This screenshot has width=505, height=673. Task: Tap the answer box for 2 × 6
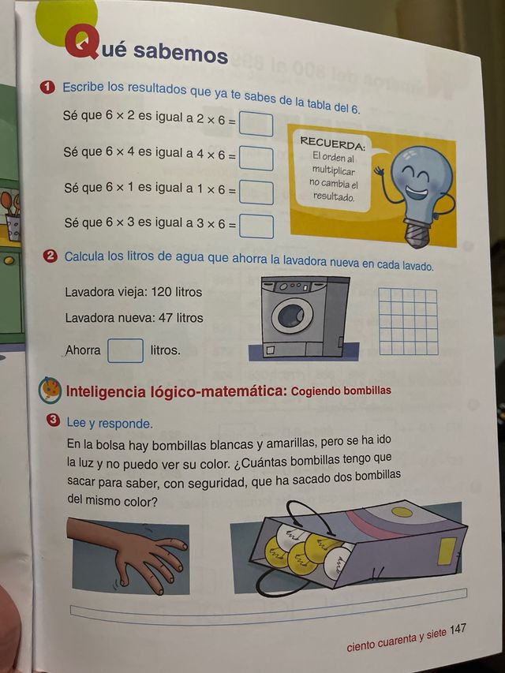[256, 125]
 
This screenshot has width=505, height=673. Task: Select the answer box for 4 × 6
[256, 158]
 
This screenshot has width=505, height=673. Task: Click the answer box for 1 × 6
[256, 192]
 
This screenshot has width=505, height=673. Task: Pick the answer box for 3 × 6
[256, 226]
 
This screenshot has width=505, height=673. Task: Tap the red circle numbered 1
[48, 86]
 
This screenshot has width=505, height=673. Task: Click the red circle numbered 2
[50, 256]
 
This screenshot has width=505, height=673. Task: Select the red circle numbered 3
[54, 421]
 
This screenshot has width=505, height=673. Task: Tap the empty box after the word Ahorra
[125, 350]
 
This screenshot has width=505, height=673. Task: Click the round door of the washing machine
[292, 315]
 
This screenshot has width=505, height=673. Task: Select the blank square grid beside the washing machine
[408, 321]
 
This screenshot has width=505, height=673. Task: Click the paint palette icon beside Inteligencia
[50, 389]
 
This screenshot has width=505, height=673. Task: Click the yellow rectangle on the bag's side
[447, 550]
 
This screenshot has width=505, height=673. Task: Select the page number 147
[458, 630]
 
